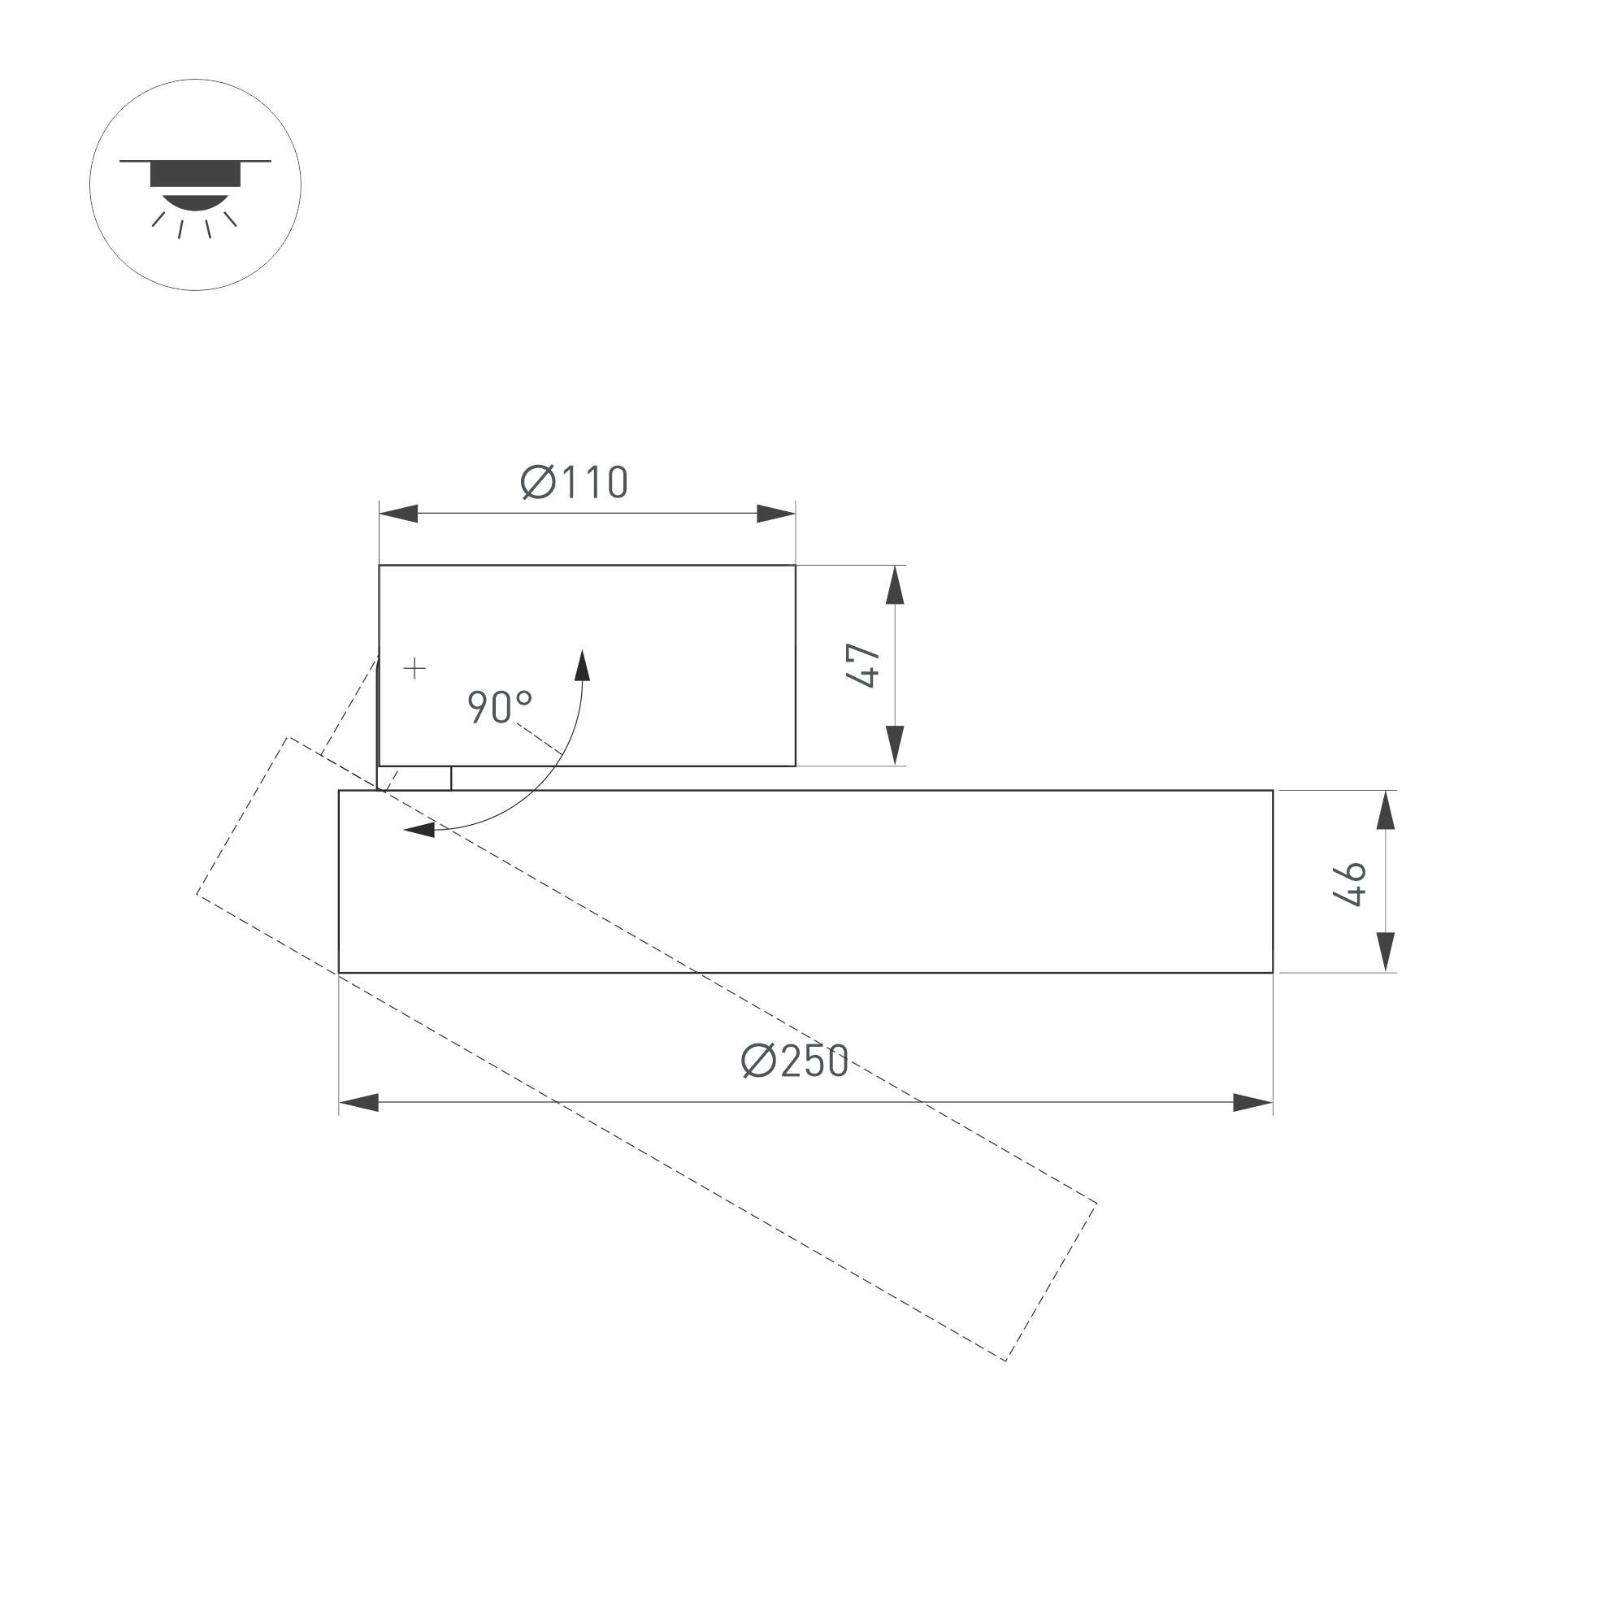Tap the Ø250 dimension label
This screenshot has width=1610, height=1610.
click(x=795, y=1061)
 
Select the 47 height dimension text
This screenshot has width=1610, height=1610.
click(x=864, y=665)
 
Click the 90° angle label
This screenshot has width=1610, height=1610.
click(x=500, y=707)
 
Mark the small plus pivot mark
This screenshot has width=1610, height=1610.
click(x=414, y=668)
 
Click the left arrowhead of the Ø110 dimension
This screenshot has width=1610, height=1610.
click(x=398, y=514)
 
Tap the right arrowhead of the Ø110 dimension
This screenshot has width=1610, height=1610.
click(x=776, y=514)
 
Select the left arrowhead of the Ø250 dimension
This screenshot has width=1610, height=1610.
click(x=358, y=1103)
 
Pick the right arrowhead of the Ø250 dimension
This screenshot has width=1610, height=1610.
click(x=1252, y=1103)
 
